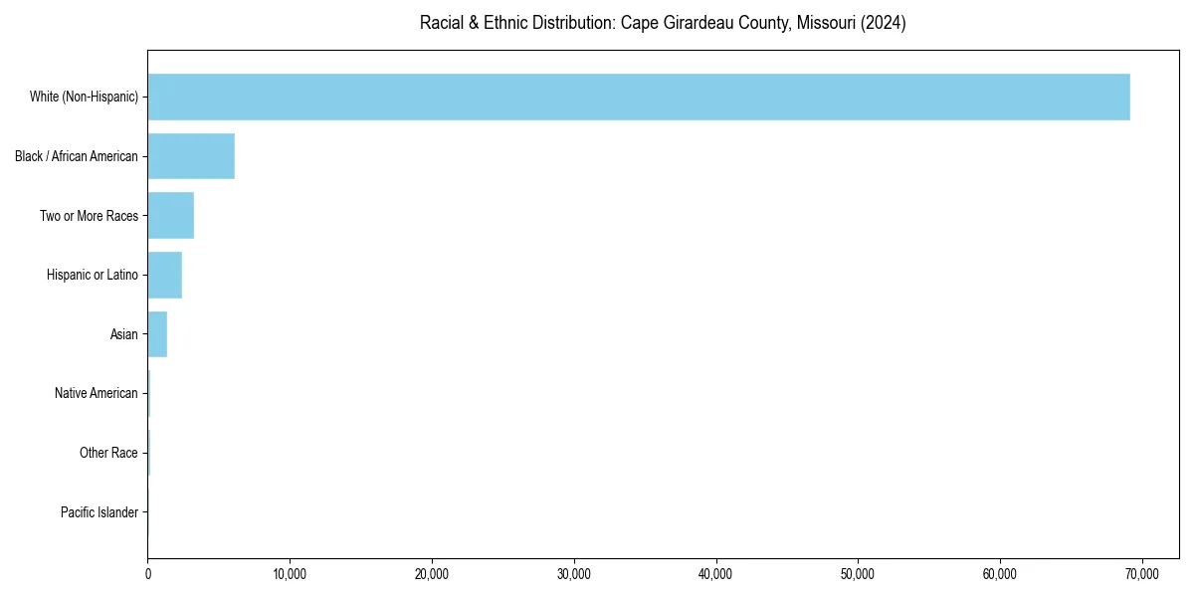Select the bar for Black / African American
(x=191, y=156)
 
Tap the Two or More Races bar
(x=170, y=216)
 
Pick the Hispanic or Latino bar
(x=164, y=275)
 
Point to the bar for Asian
(x=157, y=334)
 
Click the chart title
(x=663, y=23)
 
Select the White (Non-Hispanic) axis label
(x=84, y=97)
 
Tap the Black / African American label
(x=77, y=156)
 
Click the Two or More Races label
(x=89, y=216)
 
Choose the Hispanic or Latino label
(x=93, y=275)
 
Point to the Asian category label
(x=124, y=334)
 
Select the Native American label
(x=97, y=393)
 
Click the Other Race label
(x=108, y=453)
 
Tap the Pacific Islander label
(x=99, y=512)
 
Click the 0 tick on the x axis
(x=147, y=574)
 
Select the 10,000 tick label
(x=290, y=574)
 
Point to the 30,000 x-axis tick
(x=574, y=574)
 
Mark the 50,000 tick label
(x=858, y=574)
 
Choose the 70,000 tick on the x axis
(x=1142, y=574)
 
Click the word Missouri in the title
(x=825, y=23)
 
